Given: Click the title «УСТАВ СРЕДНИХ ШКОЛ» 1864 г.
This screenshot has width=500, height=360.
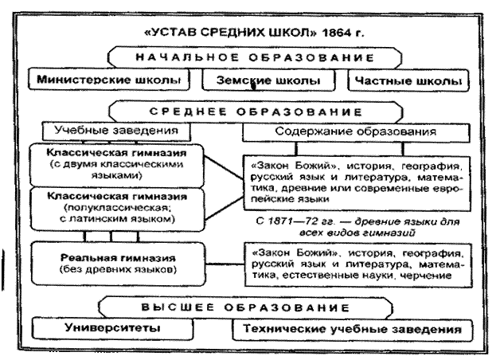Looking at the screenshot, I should (249, 36).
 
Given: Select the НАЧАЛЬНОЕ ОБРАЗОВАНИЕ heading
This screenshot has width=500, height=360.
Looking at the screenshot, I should (249, 59).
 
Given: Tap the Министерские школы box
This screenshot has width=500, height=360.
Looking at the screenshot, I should (107, 81).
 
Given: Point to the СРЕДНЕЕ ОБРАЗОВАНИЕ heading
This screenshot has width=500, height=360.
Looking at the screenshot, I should (249, 111).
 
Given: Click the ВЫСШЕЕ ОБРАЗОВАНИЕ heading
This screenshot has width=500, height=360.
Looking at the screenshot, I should (249, 307).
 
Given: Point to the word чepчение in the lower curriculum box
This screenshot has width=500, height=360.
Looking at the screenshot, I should (429, 276).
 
